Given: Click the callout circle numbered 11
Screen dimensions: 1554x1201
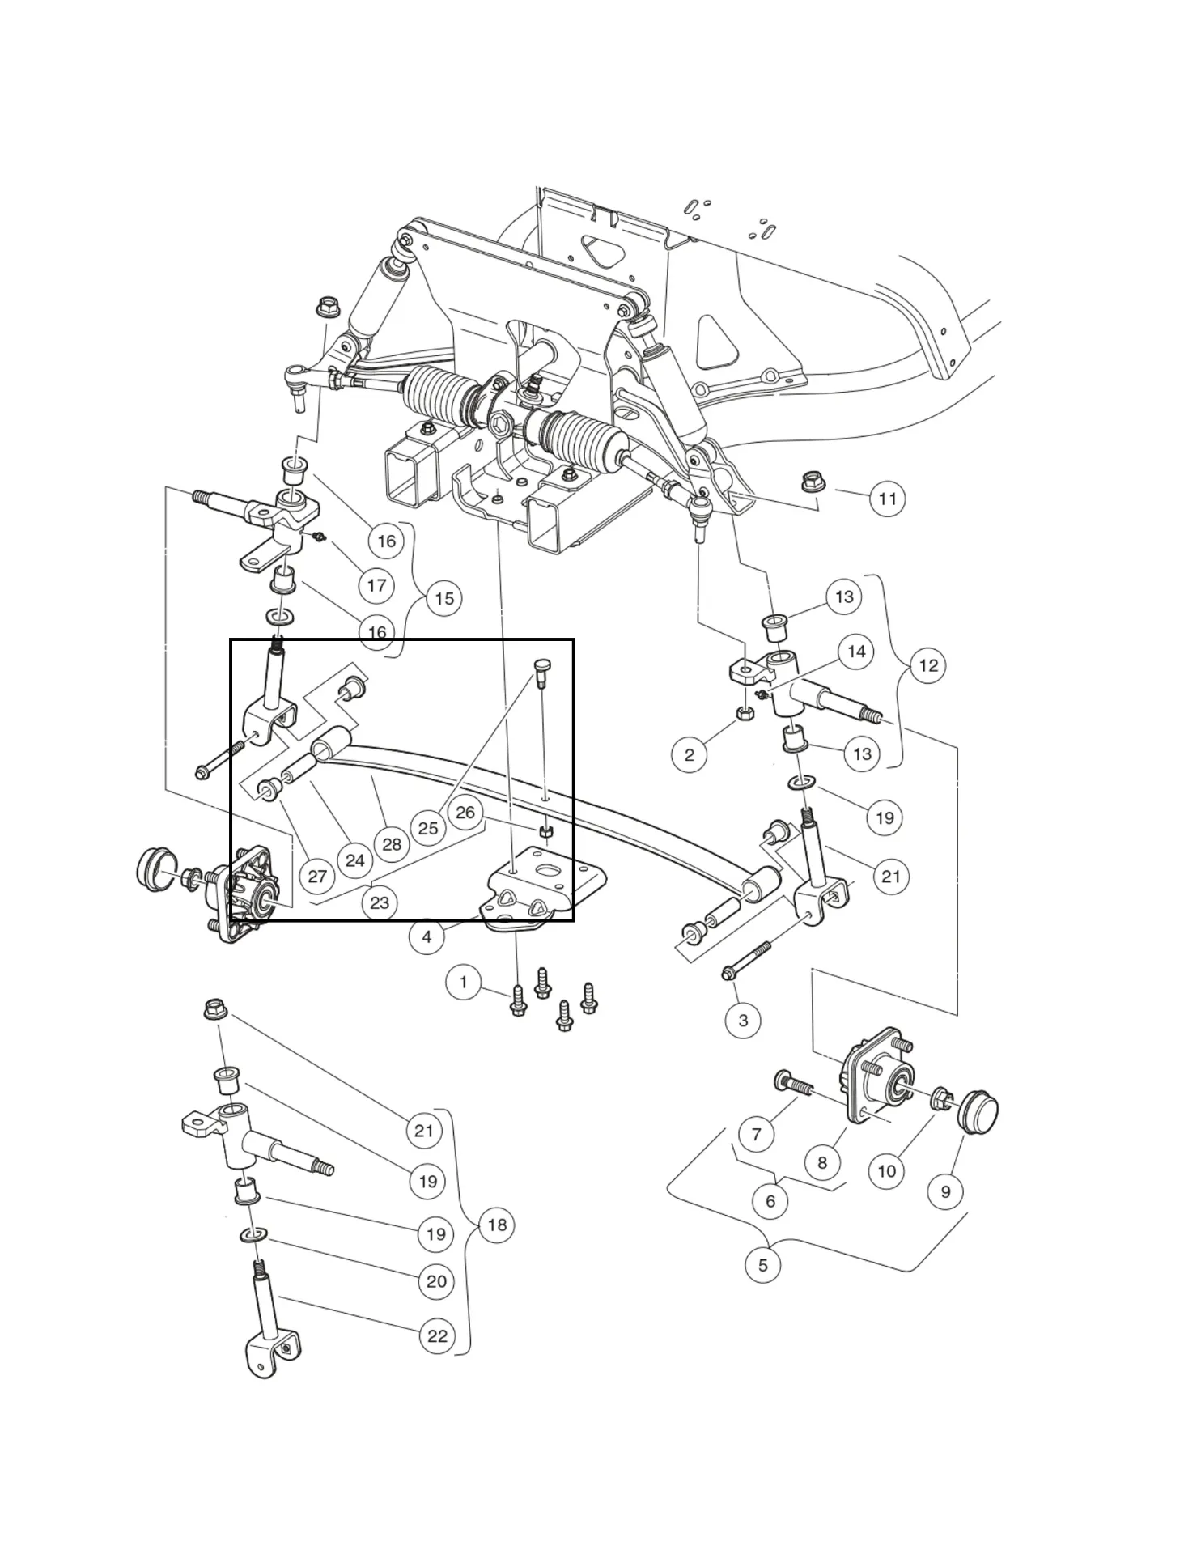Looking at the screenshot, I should (x=888, y=499).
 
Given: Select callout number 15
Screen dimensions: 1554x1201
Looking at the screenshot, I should (x=444, y=599).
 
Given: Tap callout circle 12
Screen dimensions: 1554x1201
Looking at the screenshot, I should (x=928, y=665).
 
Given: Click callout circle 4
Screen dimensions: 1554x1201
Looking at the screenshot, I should (x=427, y=937).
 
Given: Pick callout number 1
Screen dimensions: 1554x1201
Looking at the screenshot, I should (x=463, y=983).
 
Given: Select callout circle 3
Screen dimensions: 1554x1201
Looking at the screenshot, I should (x=743, y=1021).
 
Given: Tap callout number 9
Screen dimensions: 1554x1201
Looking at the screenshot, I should (x=945, y=1191).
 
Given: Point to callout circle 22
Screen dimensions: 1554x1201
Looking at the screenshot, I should (x=437, y=1336).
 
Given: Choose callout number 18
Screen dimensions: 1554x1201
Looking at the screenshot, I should (x=497, y=1225).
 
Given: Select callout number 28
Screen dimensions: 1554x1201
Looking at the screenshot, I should (x=392, y=844).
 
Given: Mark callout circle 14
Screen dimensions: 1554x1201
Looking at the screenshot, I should (x=856, y=652).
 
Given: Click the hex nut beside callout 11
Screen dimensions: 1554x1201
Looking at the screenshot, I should (x=813, y=482).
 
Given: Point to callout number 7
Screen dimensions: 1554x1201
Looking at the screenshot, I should (x=757, y=1134).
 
